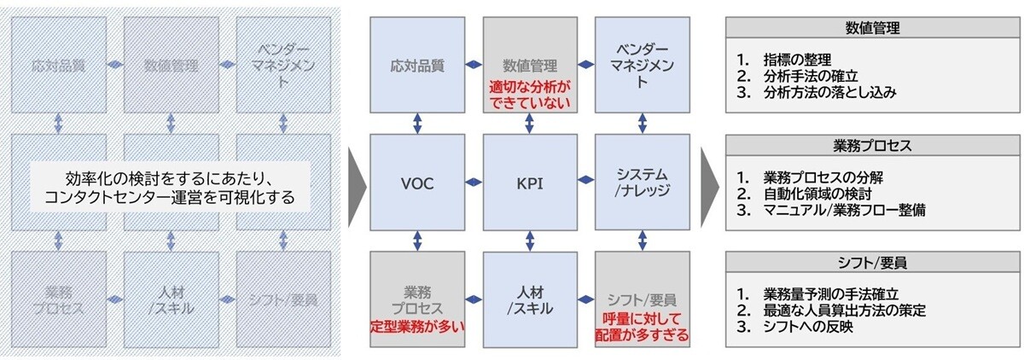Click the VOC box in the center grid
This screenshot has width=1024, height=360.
tap(417, 183)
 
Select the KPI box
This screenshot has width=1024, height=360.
tap(530, 183)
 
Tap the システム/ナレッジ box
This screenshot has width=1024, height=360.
tap(641, 183)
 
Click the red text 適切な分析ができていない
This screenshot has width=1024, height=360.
tap(530, 95)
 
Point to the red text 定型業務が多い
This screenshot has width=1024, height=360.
tap(417, 325)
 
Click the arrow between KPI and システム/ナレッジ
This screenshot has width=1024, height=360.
tap(585, 180)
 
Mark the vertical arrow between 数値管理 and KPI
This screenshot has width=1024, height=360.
tap(530, 124)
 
